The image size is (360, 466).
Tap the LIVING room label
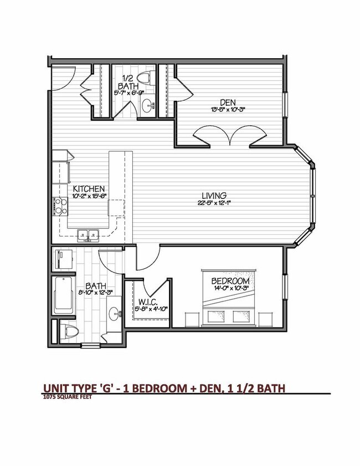coord(214,196)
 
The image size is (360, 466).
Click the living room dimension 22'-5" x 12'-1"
coord(214,203)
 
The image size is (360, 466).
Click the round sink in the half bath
coord(148,105)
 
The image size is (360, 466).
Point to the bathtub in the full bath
coord(65,295)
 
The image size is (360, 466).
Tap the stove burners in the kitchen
coord(60,206)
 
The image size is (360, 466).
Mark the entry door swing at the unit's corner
coord(60,78)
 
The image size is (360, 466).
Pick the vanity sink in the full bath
coord(115,315)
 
